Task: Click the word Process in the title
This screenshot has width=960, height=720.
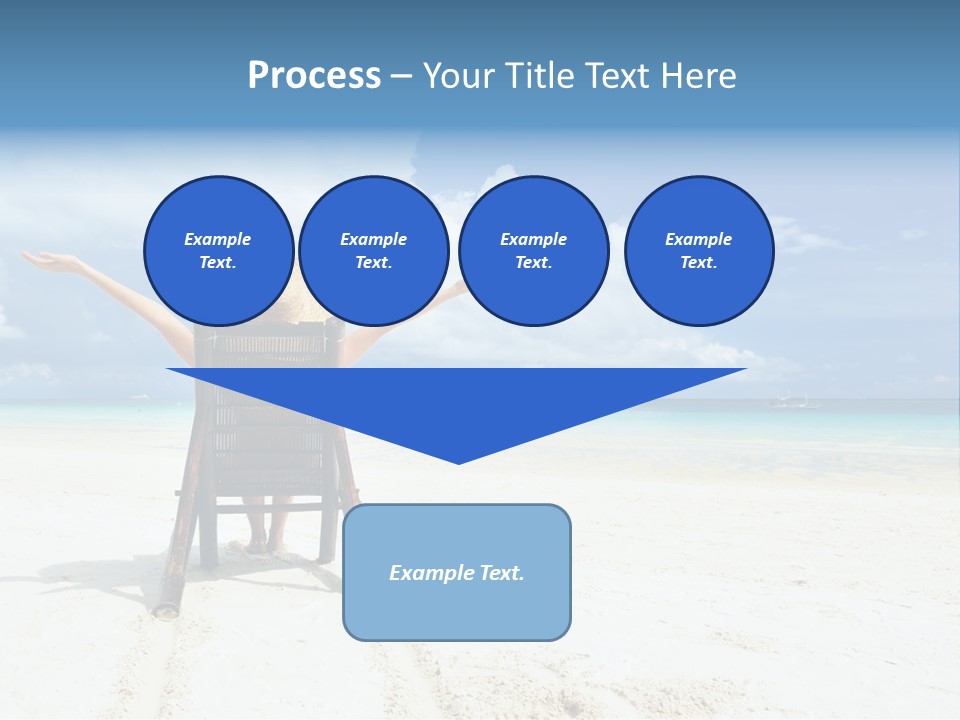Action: click(314, 76)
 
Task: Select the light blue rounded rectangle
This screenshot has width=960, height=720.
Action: click(457, 610)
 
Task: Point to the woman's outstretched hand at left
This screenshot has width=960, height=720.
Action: click(45, 261)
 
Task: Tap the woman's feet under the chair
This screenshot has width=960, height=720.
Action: click(264, 546)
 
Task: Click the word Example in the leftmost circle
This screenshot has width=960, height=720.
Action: click(218, 239)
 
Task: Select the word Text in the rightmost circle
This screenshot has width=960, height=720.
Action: click(698, 262)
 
